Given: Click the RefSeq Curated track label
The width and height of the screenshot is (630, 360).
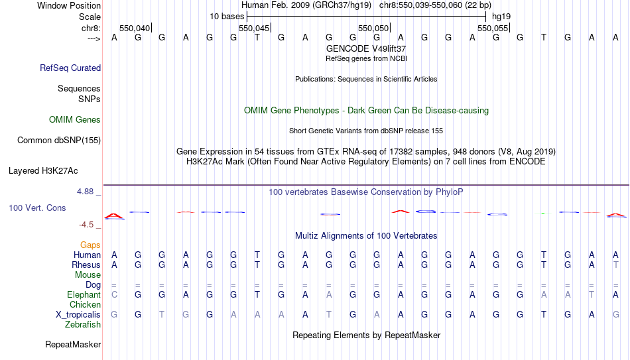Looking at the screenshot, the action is (x=70, y=68).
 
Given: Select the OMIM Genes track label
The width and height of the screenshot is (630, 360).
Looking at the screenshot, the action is (x=75, y=120).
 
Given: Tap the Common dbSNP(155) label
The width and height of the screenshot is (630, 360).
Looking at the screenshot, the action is (x=59, y=141).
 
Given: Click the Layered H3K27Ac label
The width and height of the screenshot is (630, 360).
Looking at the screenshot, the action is (x=43, y=171).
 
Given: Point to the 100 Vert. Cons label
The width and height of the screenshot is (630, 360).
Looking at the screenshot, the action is (x=37, y=208).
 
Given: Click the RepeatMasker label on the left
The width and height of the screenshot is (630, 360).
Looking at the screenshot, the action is (x=73, y=344).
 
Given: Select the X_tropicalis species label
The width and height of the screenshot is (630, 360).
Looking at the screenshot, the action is (x=78, y=315).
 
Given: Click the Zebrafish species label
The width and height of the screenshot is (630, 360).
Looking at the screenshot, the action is (x=83, y=324).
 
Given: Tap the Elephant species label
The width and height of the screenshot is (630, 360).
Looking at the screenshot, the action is (x=84, y=294).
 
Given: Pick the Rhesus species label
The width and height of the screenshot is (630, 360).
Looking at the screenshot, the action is (x=86, y=265).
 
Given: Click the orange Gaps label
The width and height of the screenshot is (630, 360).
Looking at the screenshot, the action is (x=90, y=245).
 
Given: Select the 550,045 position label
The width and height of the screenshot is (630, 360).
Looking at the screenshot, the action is (x=254, y=28).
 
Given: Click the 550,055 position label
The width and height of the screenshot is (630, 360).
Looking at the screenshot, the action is (x=493, y=28).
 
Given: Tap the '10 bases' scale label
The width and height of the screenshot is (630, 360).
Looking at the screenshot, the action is (x=227, y=17).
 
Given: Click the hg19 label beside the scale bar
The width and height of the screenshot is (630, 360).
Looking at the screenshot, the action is (x=501, y=17).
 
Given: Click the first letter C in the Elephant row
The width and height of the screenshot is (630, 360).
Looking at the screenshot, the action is (x=115, y=294).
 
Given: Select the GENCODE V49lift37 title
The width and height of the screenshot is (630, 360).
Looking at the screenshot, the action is (x=366, y=48).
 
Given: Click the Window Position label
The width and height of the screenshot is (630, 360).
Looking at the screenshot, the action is (x=69, y=5).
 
